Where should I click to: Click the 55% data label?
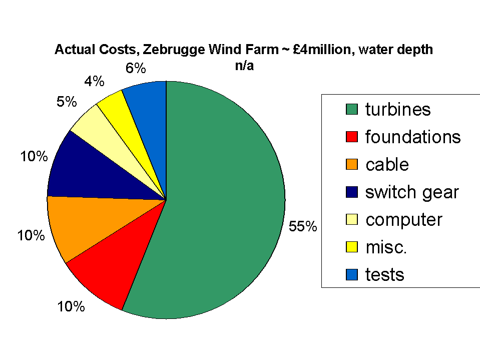tap(303, 226)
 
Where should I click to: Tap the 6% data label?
tap(135, 68)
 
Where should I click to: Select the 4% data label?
tap(94, 81)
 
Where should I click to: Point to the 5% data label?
tap(67, 102)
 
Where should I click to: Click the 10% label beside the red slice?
tap(71, 306)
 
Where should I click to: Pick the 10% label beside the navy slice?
tap(34, 156)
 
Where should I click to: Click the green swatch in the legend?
tap(352, 109)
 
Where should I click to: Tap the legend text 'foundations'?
tap(412, 137)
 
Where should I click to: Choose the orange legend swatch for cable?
tap(352, 165)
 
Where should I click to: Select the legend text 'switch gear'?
tap(411, 192)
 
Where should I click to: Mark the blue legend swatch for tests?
tap(352, 274)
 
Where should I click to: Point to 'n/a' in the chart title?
tap(244, 65)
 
